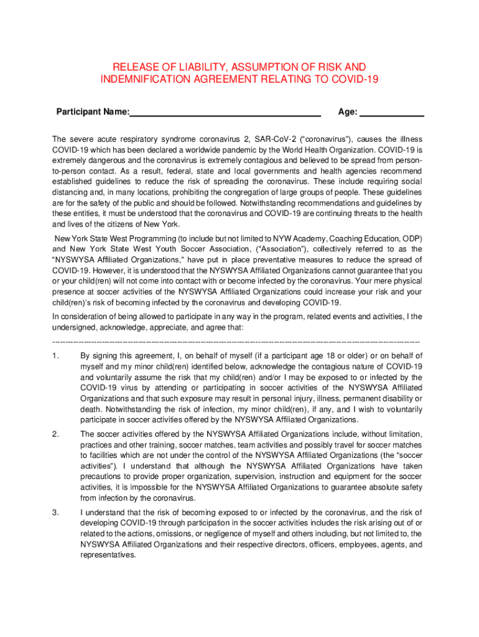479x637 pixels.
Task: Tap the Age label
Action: point(347,112)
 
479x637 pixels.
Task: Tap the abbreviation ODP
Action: point(411,238)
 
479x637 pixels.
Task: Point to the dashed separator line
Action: point(236,342)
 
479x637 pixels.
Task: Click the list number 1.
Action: point(55,356)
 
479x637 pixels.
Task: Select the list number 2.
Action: point(55,434)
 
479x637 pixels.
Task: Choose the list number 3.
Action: point(55,512)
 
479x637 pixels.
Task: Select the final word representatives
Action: point(108,555)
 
